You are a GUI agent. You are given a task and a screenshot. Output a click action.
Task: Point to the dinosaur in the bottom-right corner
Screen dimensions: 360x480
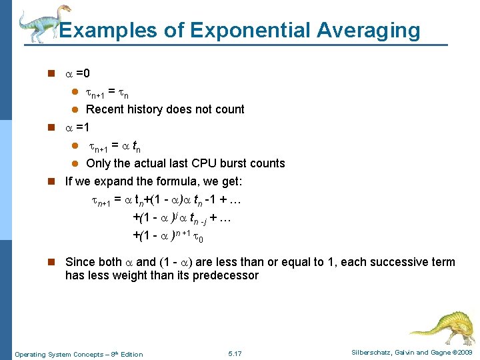coord(443,326)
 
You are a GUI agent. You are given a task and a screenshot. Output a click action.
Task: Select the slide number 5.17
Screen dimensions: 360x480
coord(235,353)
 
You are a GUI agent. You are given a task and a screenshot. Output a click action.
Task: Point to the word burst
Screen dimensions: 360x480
coord(237,163)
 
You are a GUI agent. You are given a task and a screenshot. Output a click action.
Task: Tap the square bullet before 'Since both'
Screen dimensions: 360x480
coord(49,262)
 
